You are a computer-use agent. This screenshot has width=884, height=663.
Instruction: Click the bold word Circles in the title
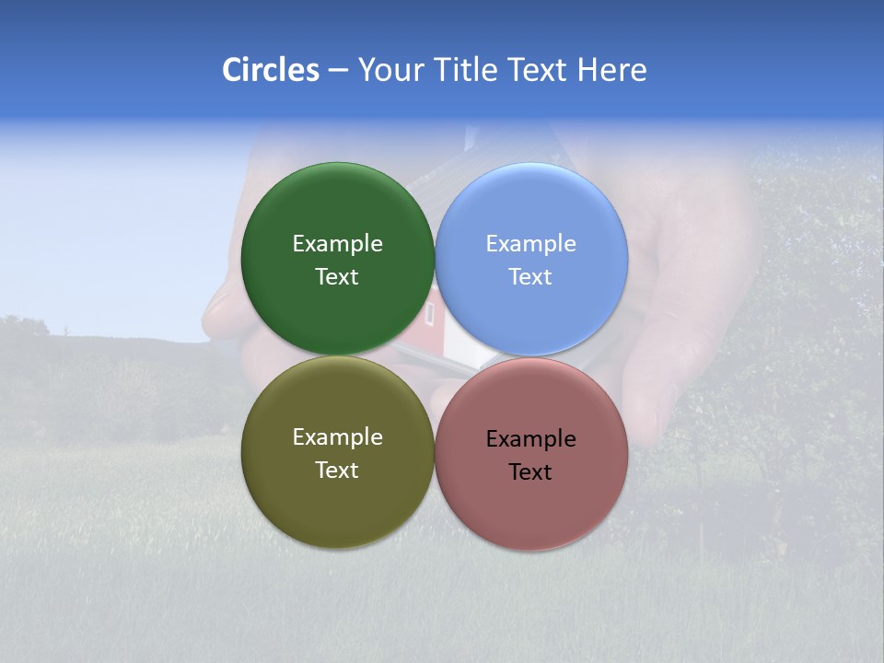click(x=270, y=70)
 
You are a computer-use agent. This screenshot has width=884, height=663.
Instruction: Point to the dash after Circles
click(x=338, y=71)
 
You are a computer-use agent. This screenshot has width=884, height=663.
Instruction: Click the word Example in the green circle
click(x=337, y=244)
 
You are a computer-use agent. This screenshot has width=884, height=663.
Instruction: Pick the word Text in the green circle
click(x=337, y=277)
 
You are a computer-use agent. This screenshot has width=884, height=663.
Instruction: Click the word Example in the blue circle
click(x=530, y=244)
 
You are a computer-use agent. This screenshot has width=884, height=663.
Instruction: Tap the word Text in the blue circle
click(x=530, y=277)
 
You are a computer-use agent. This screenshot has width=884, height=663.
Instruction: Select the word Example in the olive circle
click(x=337, y=437)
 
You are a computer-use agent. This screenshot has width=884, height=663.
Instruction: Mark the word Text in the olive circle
click(x=337, y=471)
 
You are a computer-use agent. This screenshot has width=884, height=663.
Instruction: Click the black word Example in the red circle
click(x=530, y=439)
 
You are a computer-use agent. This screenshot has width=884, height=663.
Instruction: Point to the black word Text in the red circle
click(x=530, y=472)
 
